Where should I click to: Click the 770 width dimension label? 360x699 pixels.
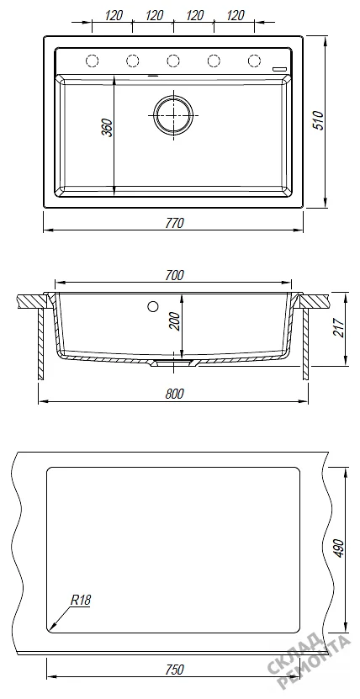(174, 224)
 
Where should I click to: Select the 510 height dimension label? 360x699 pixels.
(318, 120)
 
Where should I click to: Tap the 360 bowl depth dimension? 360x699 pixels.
(108, 129)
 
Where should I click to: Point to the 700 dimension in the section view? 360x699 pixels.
(174, 276)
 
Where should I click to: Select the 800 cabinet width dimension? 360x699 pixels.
(174, 394)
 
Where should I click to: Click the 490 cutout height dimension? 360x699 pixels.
(339, 549)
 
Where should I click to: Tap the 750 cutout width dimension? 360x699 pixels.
(174, 670)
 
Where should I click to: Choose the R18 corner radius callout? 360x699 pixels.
(81, 600)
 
